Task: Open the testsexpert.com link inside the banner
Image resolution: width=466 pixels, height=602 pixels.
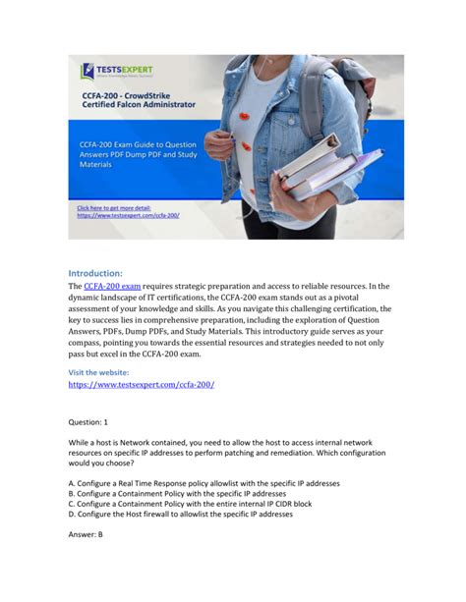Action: [129, 215]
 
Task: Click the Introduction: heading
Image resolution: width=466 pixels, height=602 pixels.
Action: [95, 272]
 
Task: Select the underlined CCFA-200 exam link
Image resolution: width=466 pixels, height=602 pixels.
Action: [112, 286]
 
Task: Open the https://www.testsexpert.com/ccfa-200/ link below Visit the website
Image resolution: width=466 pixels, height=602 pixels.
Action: [141, 385]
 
